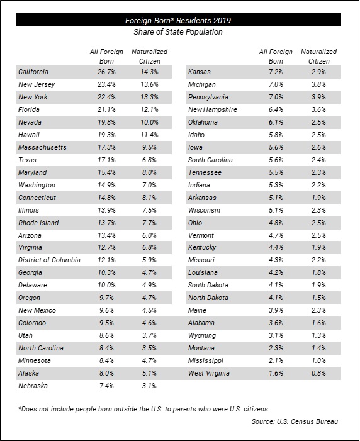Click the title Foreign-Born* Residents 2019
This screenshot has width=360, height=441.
tap(178, 20)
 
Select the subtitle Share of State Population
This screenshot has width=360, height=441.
tap(178, 32)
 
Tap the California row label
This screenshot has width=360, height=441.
tap(33, 72)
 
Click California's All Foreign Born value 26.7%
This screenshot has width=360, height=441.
tap(106, 72)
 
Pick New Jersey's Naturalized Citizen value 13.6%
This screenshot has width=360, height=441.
tap(149, 84)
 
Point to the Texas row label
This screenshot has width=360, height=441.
tap(27, 160)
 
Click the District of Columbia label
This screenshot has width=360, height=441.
tap(49, 260)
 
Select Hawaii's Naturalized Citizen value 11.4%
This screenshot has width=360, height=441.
tap(149, 135)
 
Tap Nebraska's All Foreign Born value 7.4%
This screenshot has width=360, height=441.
tap(106, 386)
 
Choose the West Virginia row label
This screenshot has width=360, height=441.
tap(209, 373)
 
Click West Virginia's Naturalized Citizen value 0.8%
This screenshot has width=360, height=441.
tap(318, 373)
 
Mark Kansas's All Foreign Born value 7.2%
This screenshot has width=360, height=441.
tap(276, 72)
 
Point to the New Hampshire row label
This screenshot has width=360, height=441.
tap(213, 109)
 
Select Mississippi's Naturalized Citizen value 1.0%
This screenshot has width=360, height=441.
tap(318, 360)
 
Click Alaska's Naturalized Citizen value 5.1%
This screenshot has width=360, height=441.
tap(149, 373)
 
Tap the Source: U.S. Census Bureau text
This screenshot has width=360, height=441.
tap(295, 421)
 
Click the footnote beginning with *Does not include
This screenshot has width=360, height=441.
tap(143, 409)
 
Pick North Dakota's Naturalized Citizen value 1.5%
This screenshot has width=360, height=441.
tap(318, 298)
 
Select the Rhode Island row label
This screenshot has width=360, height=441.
tap(38, 223)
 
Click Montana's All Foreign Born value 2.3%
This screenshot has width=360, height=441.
tap(276, 348)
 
